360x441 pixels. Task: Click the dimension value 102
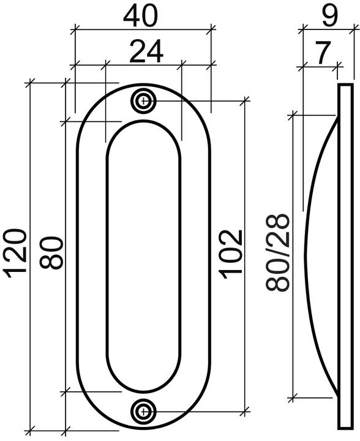point(231,254)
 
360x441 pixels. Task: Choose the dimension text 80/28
point(279,252)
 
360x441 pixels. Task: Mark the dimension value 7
point(321,53)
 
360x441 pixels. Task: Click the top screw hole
point(144,101)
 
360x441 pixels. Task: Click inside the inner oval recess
point(144,257)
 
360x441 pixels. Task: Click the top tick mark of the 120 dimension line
point(31,83)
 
